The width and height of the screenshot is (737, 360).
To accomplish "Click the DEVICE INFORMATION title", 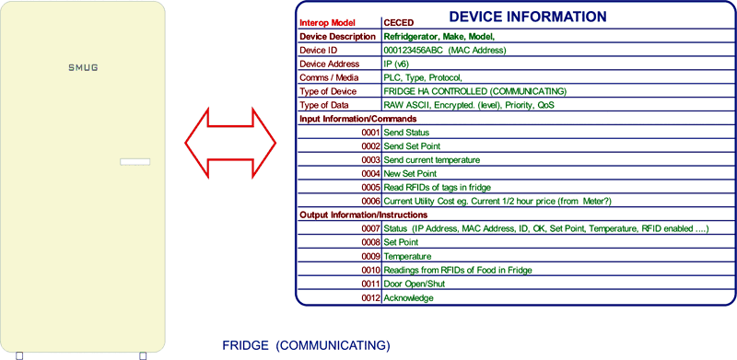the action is (x=528, y=17).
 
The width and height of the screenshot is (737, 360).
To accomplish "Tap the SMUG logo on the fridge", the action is (x=83, y=68).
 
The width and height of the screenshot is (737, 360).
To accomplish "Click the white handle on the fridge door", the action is (x=135, y=162).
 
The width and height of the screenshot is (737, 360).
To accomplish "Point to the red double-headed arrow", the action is (x=230, y=144).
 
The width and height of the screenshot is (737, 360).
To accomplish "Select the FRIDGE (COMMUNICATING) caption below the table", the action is (x=306, y=345).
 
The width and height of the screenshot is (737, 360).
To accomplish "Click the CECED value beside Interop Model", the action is (x=399, y=23).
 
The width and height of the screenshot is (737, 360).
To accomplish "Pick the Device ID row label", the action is (x=319, y=50).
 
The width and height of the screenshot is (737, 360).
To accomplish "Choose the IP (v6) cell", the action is (x=396, y=64).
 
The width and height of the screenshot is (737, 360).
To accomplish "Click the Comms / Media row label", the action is (x=330, y=77).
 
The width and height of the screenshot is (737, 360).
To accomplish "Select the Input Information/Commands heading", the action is (x=358, y=119).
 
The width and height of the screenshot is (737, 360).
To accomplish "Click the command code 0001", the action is (x=370, y=133).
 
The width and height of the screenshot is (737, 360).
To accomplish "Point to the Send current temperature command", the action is (x=432, y=160).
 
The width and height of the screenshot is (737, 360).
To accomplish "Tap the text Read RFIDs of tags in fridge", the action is (x=437, y=188).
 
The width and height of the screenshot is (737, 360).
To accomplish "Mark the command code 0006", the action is (x=370, y=201).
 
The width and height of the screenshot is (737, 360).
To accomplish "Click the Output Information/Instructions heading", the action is (x=364, y=215).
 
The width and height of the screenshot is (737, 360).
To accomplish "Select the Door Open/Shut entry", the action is (x=414, y=284).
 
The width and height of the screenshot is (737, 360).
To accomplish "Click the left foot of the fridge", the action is (x=19, y=355).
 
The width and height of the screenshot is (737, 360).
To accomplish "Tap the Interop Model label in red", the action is (x=328, y=23).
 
